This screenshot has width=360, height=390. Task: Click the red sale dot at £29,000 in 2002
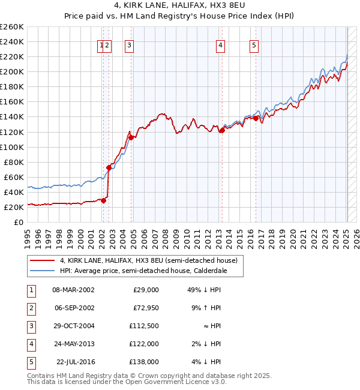pos(103,200)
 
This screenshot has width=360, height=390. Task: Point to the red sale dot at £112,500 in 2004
pos(131,137)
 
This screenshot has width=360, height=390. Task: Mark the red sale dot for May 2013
pos(221,130)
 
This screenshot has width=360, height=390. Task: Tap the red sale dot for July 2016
pos(256,118)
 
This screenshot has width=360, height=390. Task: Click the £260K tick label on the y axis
pos(11,27)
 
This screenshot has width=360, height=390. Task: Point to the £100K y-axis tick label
pos(11,147)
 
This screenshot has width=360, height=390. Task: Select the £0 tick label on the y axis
pos(18,222)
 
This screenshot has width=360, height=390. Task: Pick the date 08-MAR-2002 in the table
pos(73,290)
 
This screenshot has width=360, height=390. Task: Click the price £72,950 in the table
pos(145,308)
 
